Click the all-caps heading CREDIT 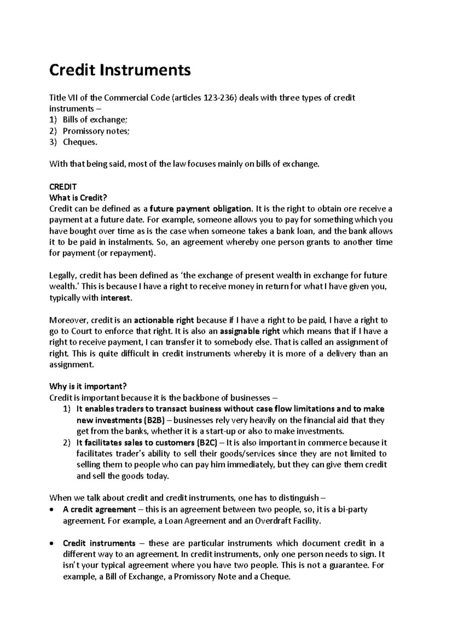click(x=63, y=187)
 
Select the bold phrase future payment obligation click(x=200, y=209)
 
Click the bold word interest click(x=116, y=298)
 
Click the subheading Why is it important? click(x=88, y=386)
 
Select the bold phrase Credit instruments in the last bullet click(x=99, y=543)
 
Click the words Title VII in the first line click(x=63, y=98)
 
